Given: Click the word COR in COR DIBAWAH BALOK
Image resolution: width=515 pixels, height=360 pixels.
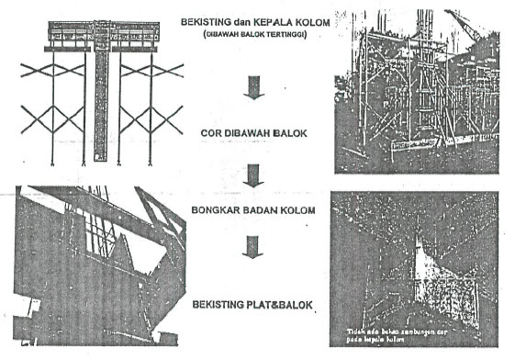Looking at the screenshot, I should click(x=210, y=130).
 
